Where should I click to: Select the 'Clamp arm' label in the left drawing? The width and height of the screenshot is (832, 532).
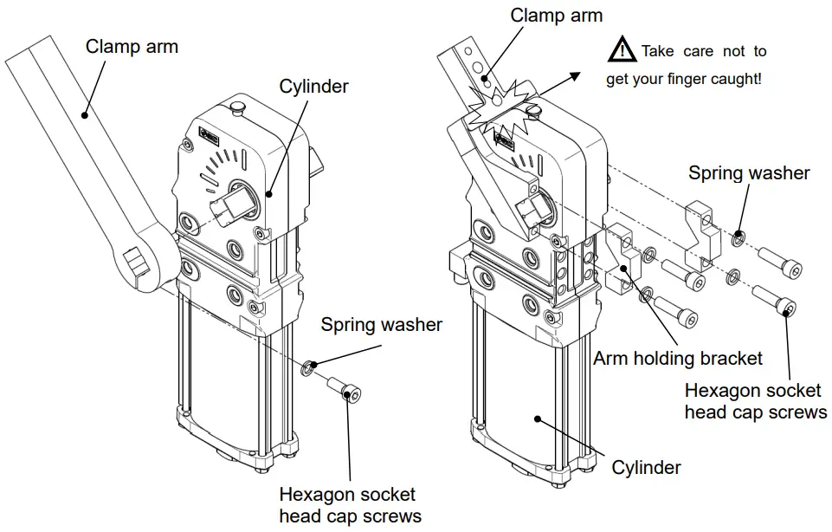(132, 46)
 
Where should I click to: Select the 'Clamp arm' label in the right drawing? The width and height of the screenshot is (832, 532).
(556, 16)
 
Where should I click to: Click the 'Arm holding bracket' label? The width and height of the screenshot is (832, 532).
(678, 358)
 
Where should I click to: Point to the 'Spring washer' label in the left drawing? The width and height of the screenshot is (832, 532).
(381, 325)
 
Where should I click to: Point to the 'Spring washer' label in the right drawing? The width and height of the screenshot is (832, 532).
(749, 172)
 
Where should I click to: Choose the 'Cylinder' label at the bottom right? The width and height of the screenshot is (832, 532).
(646, 468)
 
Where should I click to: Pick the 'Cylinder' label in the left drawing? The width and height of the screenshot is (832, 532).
(313, 86)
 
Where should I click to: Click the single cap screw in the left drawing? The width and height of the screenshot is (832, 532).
(345, 390)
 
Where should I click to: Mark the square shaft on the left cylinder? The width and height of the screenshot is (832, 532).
(226, 206)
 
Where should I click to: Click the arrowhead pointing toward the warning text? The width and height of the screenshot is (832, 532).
(573, 76)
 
